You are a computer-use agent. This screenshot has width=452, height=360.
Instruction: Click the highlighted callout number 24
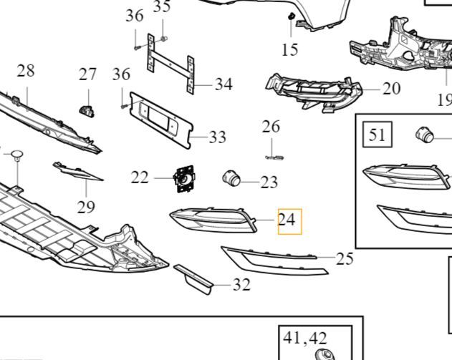(287, 220)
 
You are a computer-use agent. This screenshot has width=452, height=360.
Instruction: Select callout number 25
(345, 258)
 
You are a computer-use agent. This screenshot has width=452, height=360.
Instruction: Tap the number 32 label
(241, 285)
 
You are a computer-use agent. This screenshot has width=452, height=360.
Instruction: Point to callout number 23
(269, 182)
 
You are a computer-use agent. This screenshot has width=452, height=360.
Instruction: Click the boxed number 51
(377, 135)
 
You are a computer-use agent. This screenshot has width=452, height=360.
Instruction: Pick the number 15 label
(290, 49)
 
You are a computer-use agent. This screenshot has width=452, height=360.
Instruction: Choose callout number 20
(391, 89)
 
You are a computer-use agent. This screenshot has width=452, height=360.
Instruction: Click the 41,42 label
(305, 338)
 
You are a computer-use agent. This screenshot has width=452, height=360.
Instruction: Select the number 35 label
(162, 6)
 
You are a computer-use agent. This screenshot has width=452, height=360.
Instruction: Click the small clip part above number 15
(291, 16)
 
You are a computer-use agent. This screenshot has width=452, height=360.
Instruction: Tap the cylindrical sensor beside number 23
(231, 177)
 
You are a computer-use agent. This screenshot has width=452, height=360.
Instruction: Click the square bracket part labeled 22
(184, 179)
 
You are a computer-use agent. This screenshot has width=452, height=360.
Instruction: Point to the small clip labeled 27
(87, 111)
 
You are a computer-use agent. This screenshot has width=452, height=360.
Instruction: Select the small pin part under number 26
(274, 157)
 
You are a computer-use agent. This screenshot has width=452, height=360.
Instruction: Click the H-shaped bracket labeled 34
(170, 64)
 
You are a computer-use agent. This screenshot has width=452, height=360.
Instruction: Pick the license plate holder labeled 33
(161, 120)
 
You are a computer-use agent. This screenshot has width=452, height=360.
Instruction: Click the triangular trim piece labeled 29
(78, 171)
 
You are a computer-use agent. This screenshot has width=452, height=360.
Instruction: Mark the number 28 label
(26, 71)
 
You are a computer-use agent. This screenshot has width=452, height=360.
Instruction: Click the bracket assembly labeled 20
(313, 93)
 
